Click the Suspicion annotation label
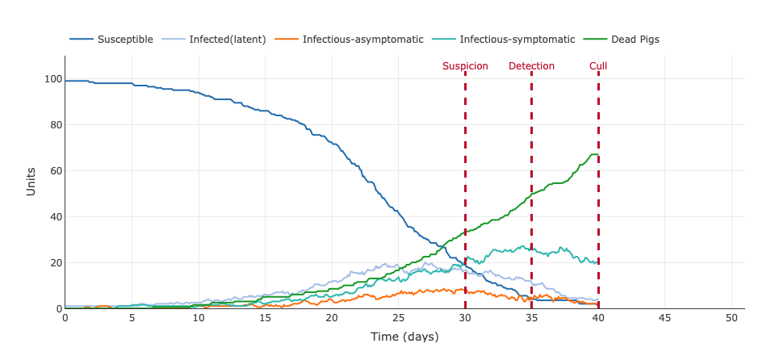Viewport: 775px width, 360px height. pos(465,66)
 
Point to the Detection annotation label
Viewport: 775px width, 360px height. pos(531,66)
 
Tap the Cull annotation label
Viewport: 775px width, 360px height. pos(598,66)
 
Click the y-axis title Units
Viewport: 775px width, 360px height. pos(31,182)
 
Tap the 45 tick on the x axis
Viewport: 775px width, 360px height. pos(664,318)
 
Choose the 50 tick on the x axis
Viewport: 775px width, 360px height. pos(731,318)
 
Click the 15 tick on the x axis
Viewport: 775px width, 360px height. pos(265,318)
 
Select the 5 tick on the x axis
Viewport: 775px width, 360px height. pos(132,318)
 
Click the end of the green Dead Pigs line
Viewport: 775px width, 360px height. pos(598,154)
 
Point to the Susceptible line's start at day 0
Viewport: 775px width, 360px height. pos(65,81)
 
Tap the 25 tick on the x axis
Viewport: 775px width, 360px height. pos(398,318)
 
